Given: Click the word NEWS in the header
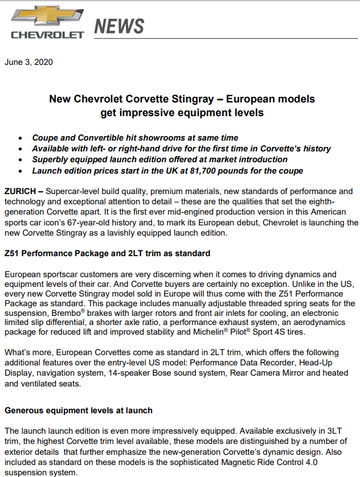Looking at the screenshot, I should [118, 26].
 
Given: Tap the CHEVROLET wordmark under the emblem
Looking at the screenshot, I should [47, 35].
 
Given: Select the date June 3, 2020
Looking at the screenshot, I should [28, 62].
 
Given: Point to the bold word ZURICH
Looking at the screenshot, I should [21, 191].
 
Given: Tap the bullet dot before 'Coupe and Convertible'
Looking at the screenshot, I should [21, 138].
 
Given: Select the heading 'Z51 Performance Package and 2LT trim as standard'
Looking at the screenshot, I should [107, 253].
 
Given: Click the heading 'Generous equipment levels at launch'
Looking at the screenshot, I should [78, 410].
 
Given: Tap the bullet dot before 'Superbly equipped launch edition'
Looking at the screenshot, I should [21, 160].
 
